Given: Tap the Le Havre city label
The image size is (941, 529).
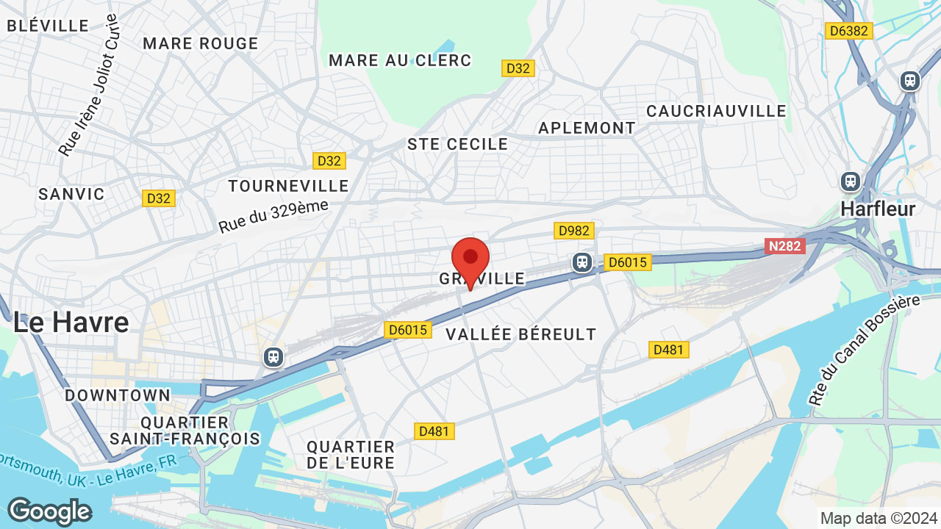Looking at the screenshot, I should coord(71,322).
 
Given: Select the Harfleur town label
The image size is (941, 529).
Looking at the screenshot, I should coord(878,209).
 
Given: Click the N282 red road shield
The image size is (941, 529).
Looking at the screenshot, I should coord(785,246).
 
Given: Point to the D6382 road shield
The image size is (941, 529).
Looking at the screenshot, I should coord(848,30).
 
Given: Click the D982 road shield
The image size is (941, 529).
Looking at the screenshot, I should coord(574,231).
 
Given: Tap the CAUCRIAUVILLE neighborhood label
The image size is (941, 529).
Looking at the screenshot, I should coord(716,111).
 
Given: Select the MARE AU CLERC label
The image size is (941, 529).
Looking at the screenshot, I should coord(400,60).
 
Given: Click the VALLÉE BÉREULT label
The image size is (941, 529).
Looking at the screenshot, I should coord(521,334).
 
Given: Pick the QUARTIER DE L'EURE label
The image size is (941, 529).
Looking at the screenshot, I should coord(351,455).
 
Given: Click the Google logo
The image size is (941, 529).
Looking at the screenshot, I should coord(49,511).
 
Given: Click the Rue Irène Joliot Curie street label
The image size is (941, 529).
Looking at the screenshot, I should coord(89,84).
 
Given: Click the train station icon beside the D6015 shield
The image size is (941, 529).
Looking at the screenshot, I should coord(582,262).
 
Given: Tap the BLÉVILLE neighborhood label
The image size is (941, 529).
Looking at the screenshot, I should coord(48,26).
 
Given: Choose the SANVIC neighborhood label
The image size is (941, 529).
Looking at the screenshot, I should coord(71,194).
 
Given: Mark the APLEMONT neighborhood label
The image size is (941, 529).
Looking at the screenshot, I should coord(587,128).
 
